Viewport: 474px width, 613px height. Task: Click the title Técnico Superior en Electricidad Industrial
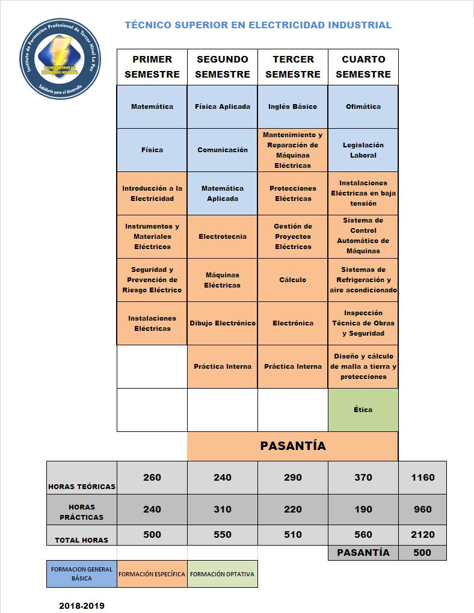click(x=258, y=25)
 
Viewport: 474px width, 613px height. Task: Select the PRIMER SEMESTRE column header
click(x=152, y=67)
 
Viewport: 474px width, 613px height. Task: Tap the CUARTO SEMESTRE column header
click(x=363, y=67)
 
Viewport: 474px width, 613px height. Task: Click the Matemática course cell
click(x=152, y=106)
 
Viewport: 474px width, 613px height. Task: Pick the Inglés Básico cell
click(x=293, y=106)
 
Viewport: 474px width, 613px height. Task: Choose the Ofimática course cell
click(x=363, y=106)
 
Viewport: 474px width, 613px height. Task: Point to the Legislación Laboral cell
click(x=363, y=150)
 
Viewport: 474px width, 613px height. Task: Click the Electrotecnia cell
click(x=223, y=236)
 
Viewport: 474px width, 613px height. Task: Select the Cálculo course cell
click(x=293, y=280)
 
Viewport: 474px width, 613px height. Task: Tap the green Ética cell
click(x=363, y=410)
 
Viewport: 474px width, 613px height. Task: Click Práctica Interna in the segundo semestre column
click(x=223, y=366)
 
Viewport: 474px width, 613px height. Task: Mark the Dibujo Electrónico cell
click(x=223, y=323)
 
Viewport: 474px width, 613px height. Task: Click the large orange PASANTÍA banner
click(x=293, y=446)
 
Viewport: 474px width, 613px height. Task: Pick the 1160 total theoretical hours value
click(x=422, y=477)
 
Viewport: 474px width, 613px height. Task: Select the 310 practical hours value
click(x=223, y=509)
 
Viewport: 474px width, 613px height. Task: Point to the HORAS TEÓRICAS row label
click(x=82, y=486)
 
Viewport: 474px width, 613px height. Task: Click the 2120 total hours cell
click(x=422, y=534)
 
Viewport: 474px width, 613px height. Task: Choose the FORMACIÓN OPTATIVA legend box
click(x=223, y=574)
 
